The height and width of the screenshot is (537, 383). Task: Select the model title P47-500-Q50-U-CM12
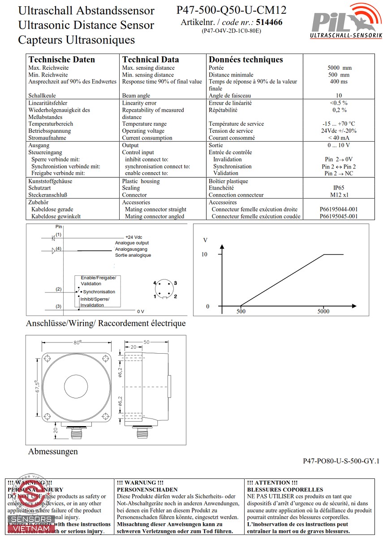click(x=231, y=10)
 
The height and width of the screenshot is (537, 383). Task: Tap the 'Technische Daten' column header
click(x=62, y=59)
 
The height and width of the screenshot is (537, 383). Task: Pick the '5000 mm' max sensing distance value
click(x=339, y=68)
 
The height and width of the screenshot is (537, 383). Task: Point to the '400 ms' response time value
click(x=339, y=82)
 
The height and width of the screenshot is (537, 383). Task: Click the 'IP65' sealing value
click(x=339, y=188)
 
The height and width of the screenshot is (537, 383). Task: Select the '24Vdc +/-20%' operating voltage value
click(x=339, y=131)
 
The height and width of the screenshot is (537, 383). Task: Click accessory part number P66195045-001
click(x=339, y=216)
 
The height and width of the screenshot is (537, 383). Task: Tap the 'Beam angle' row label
click(x=136, y=96)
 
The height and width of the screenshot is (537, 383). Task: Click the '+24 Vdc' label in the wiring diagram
click(x=134, y=237)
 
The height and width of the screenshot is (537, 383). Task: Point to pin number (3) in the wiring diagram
click(x=59, y=306)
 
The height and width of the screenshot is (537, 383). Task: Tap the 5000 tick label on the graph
click(x=323, y=312)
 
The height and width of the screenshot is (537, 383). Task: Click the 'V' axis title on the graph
click(x=206, y=240)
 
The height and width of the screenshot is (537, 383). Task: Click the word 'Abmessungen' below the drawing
click(x=53, y=452)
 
